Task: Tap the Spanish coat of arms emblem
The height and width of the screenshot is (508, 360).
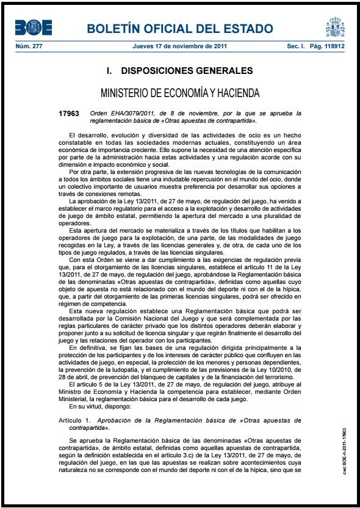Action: [x=335, y=27]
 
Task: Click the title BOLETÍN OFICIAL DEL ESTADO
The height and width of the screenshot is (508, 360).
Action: [x=180, y=29]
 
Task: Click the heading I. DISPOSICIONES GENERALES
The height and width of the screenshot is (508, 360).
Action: [x=179, y=71]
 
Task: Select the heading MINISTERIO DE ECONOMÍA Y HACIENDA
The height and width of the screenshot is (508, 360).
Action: [x=180, y=93]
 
